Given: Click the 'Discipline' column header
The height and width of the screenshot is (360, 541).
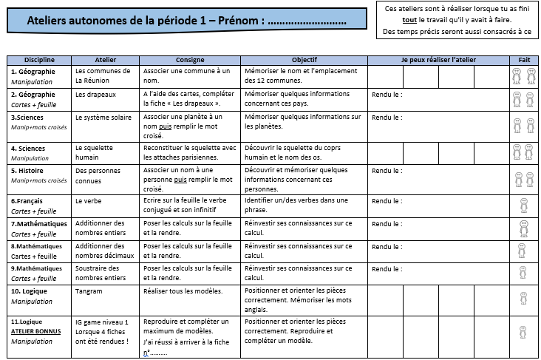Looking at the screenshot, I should click(39, 59).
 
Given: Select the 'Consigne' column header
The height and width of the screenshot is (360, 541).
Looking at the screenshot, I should click(190, 59).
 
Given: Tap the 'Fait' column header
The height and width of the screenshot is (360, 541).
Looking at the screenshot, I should click(523, 59).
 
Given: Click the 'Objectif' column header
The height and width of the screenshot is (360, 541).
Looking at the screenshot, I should click(304, 59).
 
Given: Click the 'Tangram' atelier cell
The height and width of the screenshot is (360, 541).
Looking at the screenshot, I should click(89, 291).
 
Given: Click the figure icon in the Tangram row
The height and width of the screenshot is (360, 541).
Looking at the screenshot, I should click(523, 299).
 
